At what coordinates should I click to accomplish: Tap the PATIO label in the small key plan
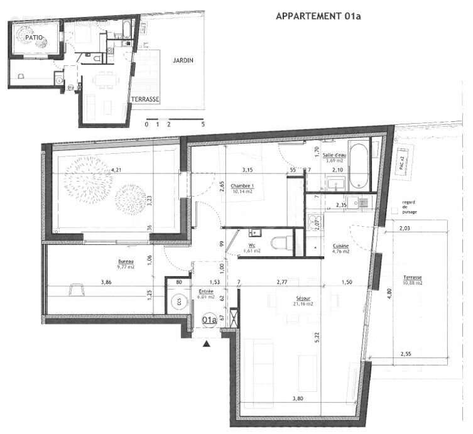click(x=35, y=38)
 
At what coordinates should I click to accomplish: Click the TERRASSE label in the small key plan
click(x=145, y=100)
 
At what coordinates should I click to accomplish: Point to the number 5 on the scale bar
click(x=203, y=125)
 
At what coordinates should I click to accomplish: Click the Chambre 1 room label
click(x=242, y=186)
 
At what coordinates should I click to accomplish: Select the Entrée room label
click(x=207, y=293)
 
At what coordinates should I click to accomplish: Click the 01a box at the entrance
click(x=209, y=320)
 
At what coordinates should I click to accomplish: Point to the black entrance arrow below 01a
click(x=207, y=343)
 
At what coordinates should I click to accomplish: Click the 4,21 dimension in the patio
click(x=116, y=170)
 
